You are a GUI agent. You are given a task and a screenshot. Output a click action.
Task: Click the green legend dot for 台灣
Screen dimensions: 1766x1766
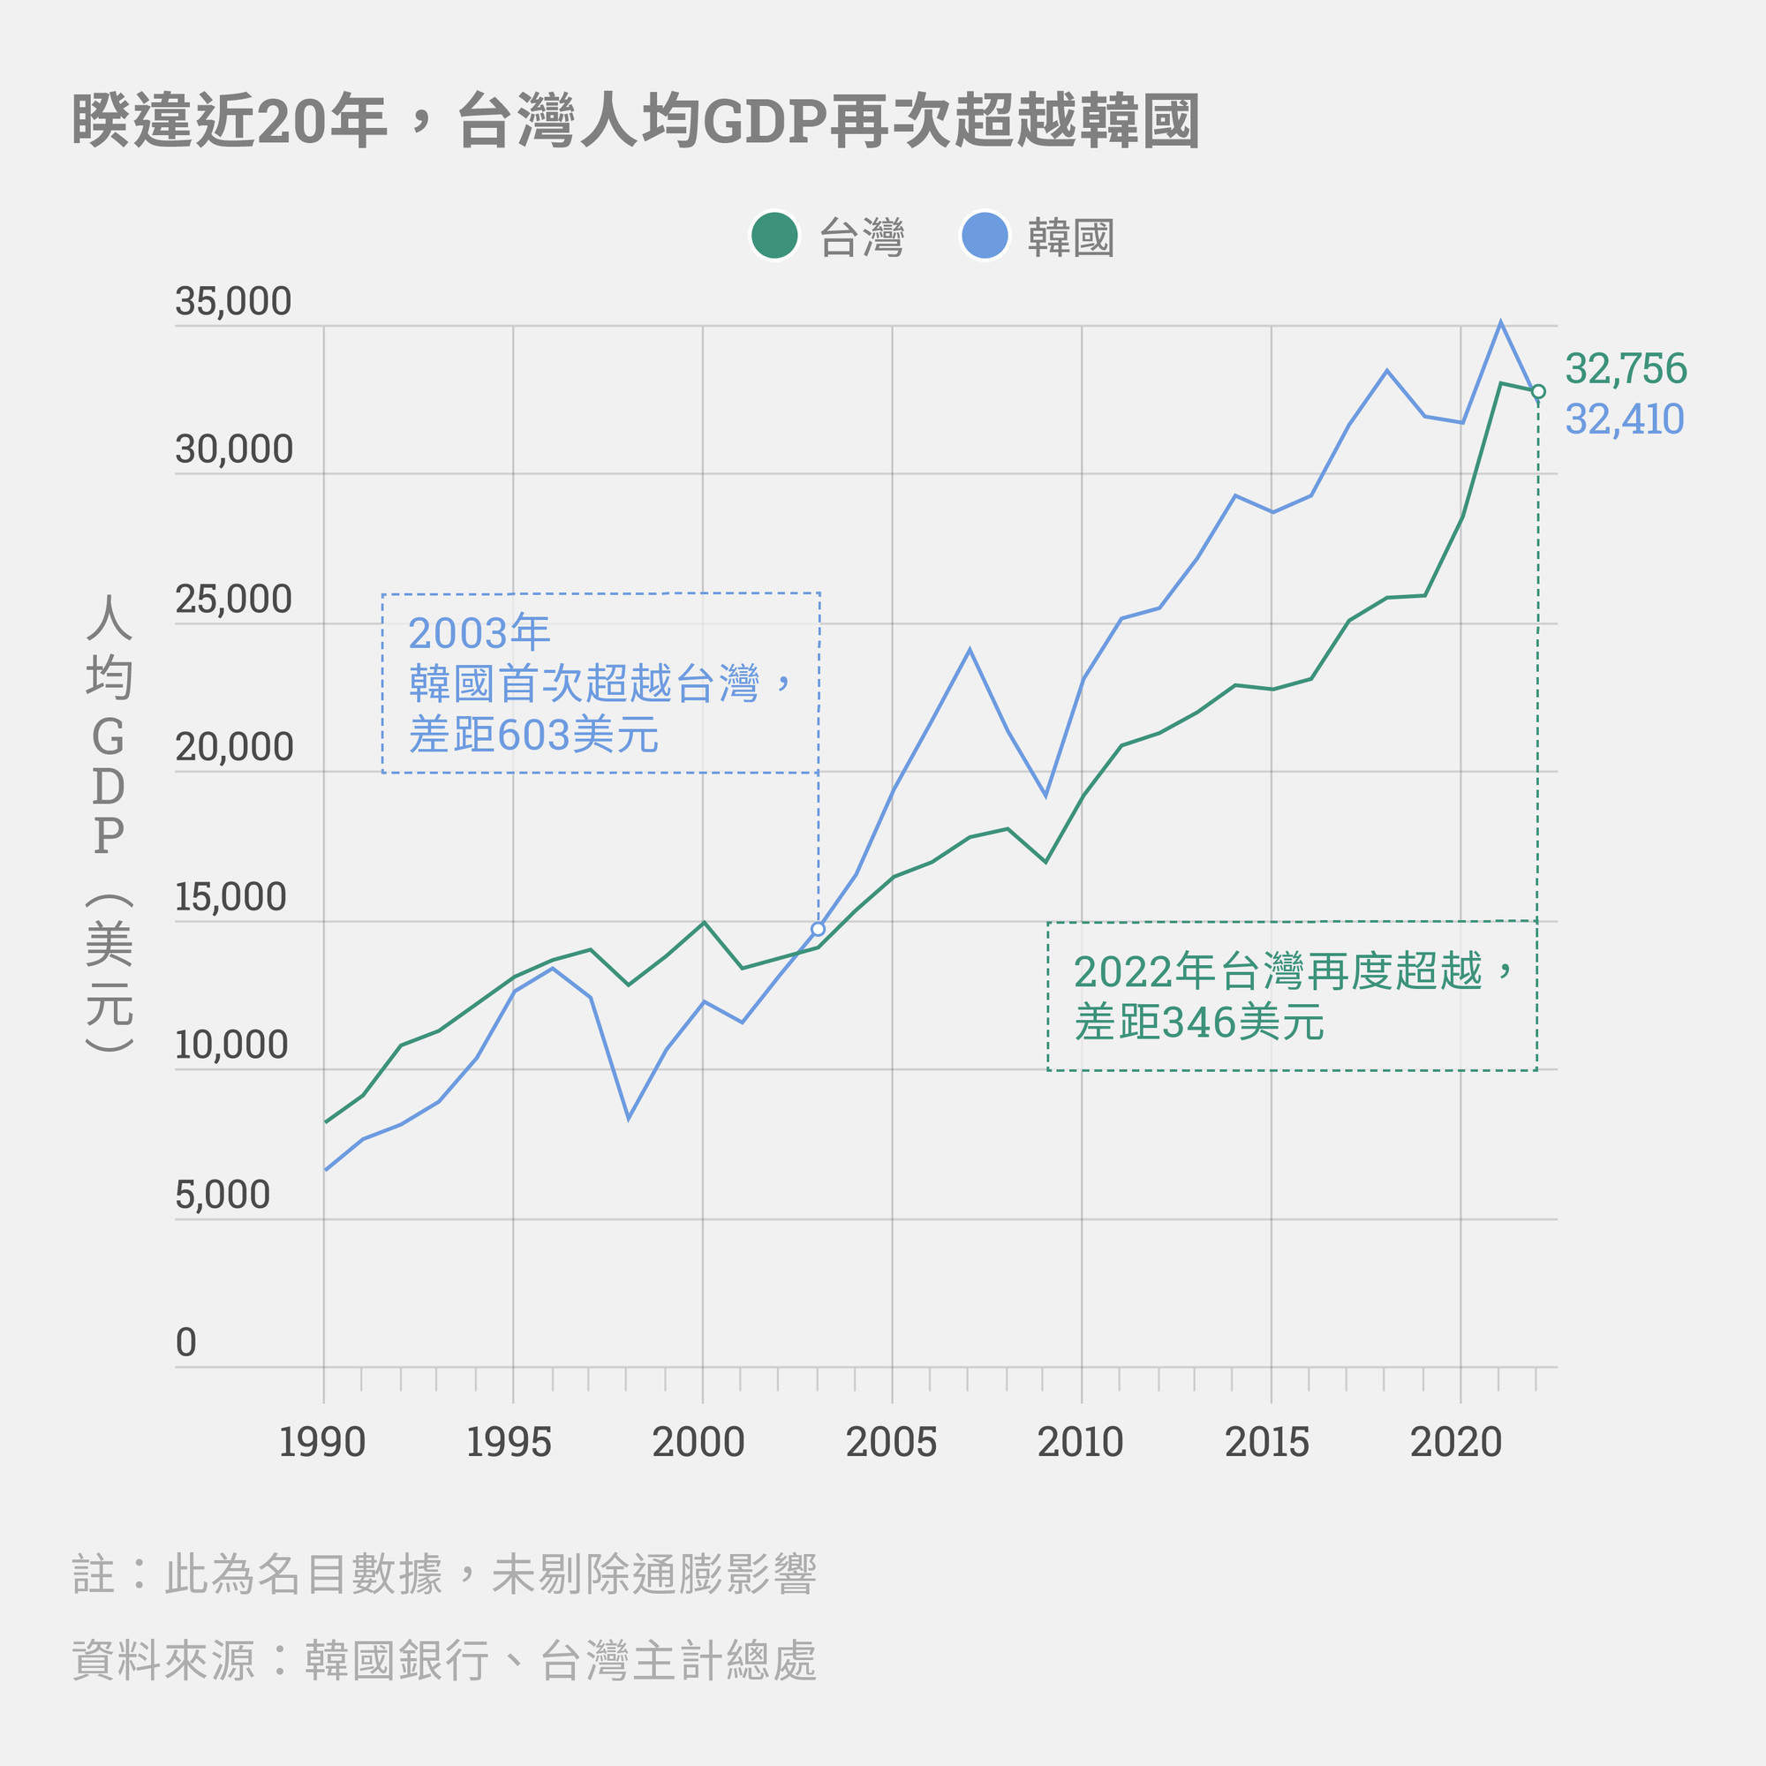click(774, 236)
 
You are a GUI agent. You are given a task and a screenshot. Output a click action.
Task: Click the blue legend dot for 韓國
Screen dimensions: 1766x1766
click(985, 236)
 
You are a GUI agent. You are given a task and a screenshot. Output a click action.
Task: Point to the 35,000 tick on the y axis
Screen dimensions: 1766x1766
click(233, 302)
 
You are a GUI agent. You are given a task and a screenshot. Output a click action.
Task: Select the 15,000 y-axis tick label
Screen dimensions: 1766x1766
click(231, 897)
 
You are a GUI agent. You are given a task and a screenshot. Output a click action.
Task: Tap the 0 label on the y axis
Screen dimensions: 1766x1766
click(185, 1343)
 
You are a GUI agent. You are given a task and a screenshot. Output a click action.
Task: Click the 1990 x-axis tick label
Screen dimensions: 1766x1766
click(321, 1443)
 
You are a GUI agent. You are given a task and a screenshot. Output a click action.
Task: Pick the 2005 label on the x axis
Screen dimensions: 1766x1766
click(891, 1443)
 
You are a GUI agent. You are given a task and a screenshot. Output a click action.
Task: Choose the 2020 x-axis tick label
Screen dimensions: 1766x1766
click(1456, 1443)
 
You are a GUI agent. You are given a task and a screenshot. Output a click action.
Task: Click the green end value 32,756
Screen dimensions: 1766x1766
click(1626, 368)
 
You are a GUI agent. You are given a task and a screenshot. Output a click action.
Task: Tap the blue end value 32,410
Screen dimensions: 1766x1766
click(1625, 419)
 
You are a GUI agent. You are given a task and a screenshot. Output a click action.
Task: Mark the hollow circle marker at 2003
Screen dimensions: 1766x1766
click(819, 930)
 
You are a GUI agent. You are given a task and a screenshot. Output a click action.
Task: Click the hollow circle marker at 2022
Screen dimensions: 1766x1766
click(1538, 391)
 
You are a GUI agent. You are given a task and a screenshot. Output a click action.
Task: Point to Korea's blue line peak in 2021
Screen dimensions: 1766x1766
click(1501, 322)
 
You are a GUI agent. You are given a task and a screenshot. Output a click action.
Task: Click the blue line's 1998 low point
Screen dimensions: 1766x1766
click(629, 1118)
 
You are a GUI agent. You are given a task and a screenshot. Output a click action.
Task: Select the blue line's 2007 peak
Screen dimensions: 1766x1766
click(970, 650)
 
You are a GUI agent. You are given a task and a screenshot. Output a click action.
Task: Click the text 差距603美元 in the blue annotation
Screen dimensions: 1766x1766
click(534, 736)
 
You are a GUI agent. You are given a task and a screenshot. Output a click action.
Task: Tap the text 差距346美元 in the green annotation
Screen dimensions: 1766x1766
click(1199, 1023)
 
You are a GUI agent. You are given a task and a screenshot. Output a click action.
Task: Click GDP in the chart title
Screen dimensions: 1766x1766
click(764, 122)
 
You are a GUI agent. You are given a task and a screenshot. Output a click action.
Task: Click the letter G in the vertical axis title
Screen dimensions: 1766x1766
click(108, 736)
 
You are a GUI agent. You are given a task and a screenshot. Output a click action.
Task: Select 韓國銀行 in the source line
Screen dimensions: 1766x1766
click(396, 1661)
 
